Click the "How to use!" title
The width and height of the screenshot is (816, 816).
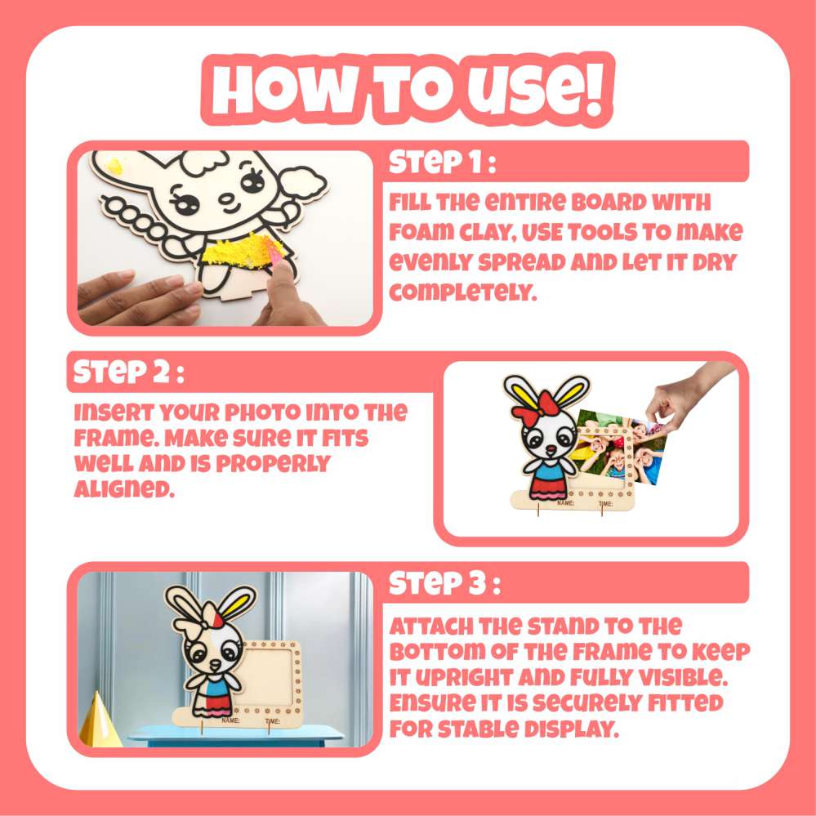pos(408,89)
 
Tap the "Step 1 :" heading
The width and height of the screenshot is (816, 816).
pos(442,162)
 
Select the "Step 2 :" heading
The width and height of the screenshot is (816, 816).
pos(128,372)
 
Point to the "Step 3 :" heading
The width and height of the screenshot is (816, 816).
pos(444,583)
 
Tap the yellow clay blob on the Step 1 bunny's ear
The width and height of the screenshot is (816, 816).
pos(114,166)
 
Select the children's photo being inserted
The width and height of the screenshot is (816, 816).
pos(618,447)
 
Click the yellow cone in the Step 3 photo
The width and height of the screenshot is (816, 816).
pos(99,720)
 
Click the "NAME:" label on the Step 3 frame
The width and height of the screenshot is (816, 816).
pos(230,720)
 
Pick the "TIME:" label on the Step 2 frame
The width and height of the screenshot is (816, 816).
pos(605,504)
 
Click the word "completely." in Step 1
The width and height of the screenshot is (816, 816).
pos(462,293)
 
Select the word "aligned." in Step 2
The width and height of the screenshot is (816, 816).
pos(124,488)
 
